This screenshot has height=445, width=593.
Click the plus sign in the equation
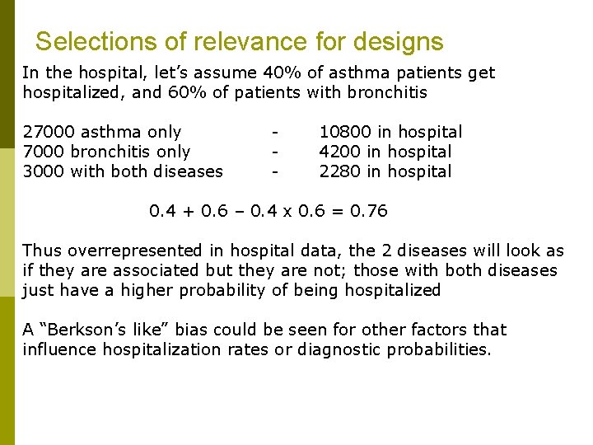click(x=188, y=212)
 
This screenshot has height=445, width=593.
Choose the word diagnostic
click(x=339, y=349)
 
